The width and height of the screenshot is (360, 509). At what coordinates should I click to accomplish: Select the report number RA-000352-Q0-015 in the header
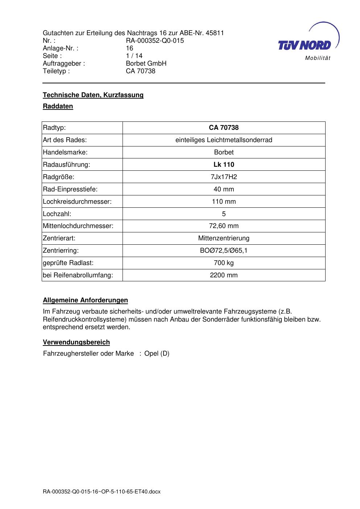click(x=155, y=41)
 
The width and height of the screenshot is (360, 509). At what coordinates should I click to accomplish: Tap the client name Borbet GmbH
click(x=146, y=63)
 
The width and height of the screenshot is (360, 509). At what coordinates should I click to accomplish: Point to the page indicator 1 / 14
click(x=134, y=56)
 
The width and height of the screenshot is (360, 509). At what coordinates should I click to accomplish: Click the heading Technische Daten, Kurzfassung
click(x=93, y=95)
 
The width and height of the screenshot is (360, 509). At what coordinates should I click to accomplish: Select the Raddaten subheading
click(x=58, y=106)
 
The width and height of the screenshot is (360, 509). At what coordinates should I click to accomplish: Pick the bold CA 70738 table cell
click(x=224, y=128)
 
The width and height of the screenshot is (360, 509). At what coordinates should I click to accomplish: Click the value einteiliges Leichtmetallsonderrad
click(x=224, y=140)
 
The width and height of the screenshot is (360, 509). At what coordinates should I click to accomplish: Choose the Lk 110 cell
click(x=224, y=165)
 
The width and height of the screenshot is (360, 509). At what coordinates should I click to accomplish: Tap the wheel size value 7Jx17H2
click(x=224, y=177)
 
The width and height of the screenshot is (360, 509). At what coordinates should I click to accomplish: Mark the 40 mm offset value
click(x=224, y=189)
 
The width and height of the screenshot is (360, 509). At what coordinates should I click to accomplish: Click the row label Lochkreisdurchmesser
click(x=77, y=202)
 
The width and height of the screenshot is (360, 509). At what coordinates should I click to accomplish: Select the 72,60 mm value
click(x=224, y=226)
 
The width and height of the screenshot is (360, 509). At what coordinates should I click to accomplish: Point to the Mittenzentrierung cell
click(x=224, y=238)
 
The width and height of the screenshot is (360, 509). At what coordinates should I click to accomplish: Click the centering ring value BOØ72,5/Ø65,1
click(x=224, y=251)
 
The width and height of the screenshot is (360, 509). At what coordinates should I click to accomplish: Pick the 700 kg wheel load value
click(x=224, y=263)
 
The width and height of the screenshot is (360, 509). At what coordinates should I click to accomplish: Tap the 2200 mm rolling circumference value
click(x=224, y=275)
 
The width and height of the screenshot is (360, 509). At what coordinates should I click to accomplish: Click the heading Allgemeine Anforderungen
click(x=86, y=300)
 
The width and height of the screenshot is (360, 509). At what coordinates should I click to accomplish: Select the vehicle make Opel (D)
click(x=157, y=353)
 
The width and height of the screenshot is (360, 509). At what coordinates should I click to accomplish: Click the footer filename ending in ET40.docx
click(x=102, y=492)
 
